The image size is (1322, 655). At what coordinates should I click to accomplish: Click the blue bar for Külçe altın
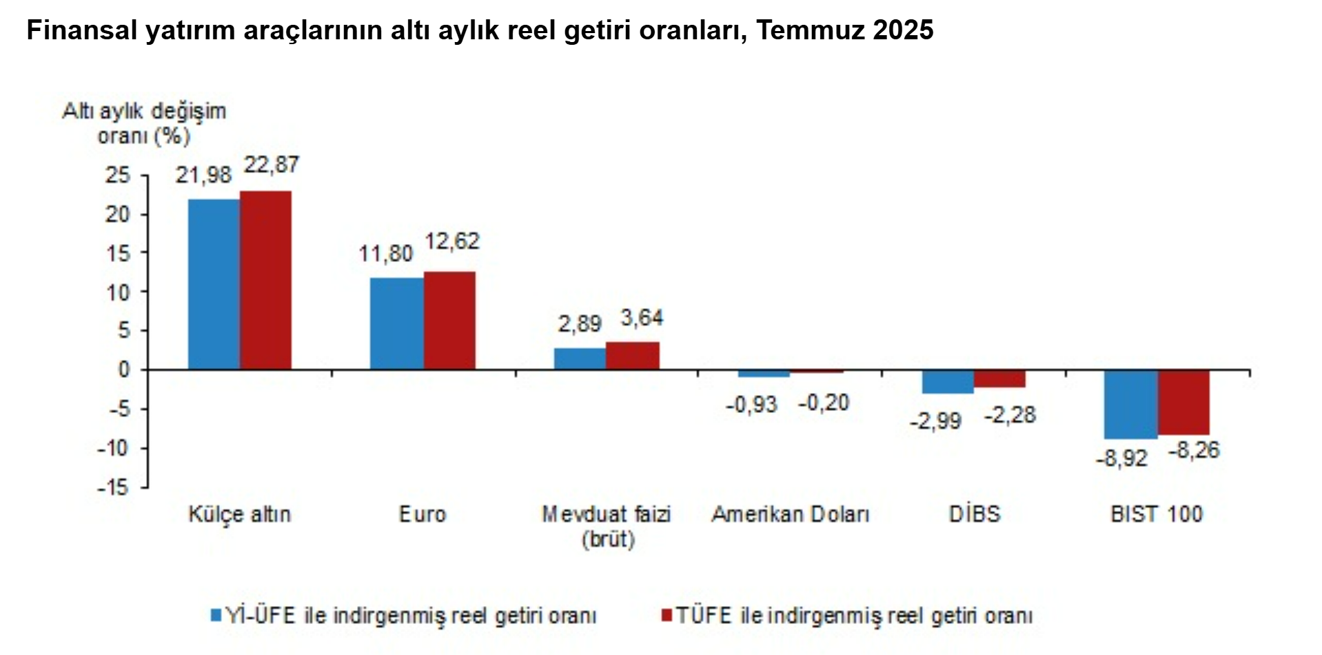(214, 284)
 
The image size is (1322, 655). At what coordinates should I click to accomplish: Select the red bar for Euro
(449, 321)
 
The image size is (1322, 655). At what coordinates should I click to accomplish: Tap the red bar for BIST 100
(1183, 402)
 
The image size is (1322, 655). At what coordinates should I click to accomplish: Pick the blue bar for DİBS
(948, 381)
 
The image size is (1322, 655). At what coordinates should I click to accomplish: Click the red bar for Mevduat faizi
(633, 356)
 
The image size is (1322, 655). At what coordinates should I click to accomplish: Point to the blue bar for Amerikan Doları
(764, 374)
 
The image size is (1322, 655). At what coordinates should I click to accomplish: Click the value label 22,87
(272, 165)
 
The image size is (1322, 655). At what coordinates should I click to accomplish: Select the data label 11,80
(385, 254)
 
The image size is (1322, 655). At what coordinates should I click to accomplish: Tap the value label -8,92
(1121, 458)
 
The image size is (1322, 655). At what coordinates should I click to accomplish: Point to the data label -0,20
(824, 403)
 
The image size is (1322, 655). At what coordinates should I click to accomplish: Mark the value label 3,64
(642, 318)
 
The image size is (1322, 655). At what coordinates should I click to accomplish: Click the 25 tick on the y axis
(118, 175)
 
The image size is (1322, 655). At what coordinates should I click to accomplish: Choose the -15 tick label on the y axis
(113, 487)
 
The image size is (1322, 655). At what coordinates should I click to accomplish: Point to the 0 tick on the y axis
(124, 370)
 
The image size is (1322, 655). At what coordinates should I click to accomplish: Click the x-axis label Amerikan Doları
(791, 514)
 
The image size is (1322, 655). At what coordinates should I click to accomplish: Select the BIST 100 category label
(1157, 514)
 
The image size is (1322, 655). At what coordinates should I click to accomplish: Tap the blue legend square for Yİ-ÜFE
(216, 615)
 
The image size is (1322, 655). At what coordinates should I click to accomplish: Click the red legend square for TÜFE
(667, 615)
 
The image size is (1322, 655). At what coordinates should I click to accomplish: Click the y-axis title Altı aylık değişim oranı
(144, 123)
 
